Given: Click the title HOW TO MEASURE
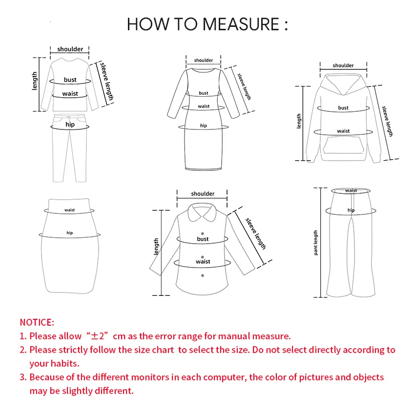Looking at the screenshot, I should (207, 24).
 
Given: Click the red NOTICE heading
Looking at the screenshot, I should (37, 322).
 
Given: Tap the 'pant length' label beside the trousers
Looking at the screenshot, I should (316, 243).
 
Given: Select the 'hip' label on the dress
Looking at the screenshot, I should (204, 125).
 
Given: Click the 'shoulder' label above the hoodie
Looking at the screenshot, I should (343, 65).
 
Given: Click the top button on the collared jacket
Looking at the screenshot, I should (203, 233).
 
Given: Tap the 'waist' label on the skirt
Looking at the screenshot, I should (70, 210).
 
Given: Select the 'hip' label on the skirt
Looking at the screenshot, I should (70, 233).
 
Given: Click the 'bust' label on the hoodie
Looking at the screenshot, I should (343, 108).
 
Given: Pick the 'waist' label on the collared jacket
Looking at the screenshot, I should (203, 262).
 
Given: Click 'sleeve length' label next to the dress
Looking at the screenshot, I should (244, 86).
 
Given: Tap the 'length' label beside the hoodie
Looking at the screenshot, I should (299, 121).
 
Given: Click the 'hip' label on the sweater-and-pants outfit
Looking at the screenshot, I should (70, 125).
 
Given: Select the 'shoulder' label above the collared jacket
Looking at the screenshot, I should (203, 194).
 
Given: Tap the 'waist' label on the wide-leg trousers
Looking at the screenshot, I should (351, 190).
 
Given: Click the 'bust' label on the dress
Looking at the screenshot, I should (204, 93).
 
